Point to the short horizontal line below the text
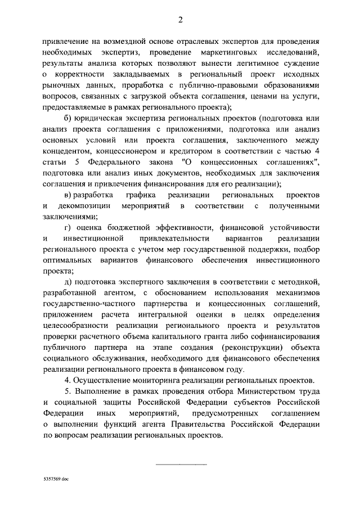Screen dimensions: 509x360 [x=181, y=463]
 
